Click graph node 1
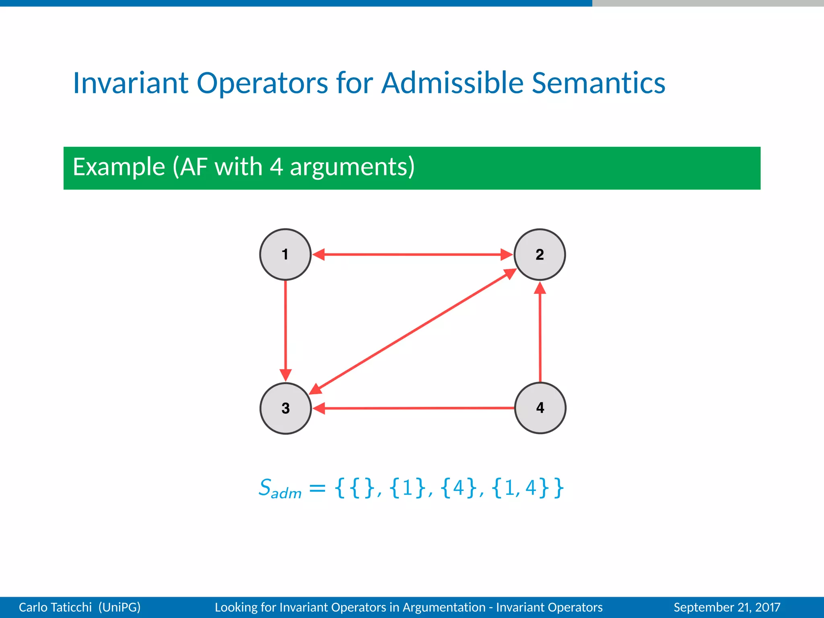pyautogui.click(x=285, y=254)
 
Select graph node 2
pyautogui.click(x=540, y=254)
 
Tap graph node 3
pyautogui.click(x=285, y=408)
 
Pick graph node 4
pyautogui.click(x=540, y=408)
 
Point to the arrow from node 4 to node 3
pyautogui.click(x=414, y=408)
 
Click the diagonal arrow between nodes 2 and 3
pyautogui.click(x=412, y=332)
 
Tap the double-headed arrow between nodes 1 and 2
pyautogui.click(x=412, y=254)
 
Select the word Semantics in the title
pyautogui.click(x=598, y=83)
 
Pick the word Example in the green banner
pyautogui.click(x=119, y=167)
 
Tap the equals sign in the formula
pyautogui.click(x=317, y=488)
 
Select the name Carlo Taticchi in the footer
pyautogui.click(x=55, y=607)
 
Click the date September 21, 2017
pyautogui.click(x=727, y=607)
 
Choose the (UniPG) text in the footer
pyautogui.click(x=119, y=607)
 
